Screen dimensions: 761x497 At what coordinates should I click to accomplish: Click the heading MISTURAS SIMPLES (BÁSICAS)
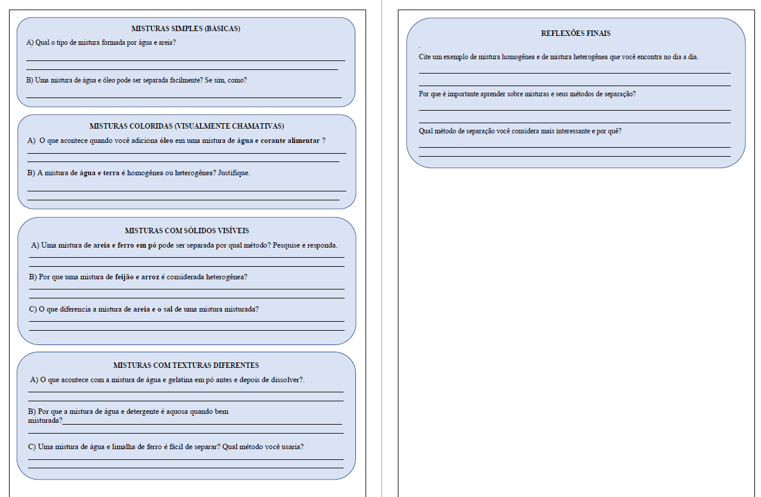[x=186, y=29]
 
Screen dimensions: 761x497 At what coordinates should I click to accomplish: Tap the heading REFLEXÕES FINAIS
[x=576, y=33]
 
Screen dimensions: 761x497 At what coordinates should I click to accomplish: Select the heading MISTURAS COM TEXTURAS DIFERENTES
[x=186, y=365]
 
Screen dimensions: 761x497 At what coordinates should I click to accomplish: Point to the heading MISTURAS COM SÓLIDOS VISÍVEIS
[x=187, y=231]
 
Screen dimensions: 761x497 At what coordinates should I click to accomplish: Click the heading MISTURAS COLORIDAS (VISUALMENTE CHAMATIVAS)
[x=187, y=126]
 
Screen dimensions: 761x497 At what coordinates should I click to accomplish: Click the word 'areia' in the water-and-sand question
[x=168, y=43]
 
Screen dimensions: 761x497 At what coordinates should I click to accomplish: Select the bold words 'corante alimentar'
[x=290, y=141]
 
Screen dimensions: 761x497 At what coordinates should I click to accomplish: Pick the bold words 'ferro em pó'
[x=137, y=245]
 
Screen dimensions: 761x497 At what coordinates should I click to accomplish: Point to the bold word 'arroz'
[x=150, y=277]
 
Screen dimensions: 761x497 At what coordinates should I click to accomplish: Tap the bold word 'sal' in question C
[x=168, y=309]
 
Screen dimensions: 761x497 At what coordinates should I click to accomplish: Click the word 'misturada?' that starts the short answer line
[x=45, y=420]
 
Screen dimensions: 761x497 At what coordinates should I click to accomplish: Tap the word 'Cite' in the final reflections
[x=425, y=57]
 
